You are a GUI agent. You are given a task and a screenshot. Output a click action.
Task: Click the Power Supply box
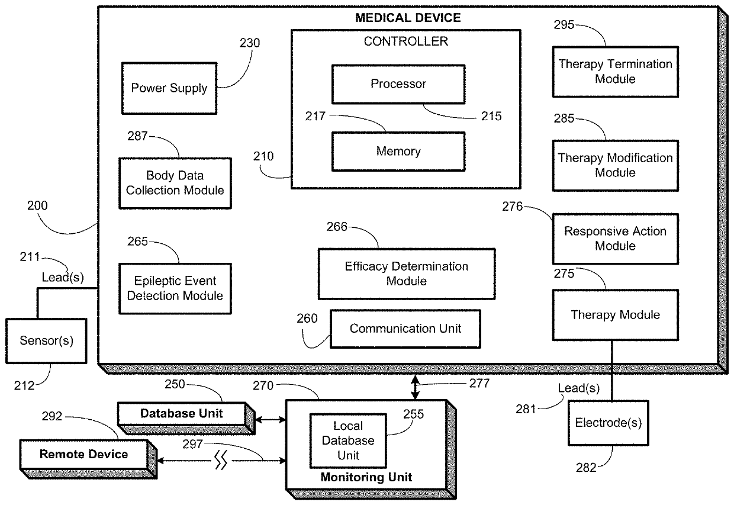[x=169, y=88]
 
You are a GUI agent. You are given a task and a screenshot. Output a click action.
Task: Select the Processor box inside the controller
[x=398, y=84]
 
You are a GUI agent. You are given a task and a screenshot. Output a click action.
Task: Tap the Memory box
[x=398, y=152]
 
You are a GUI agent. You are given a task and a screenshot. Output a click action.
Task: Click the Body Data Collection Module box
[x=175, y=183]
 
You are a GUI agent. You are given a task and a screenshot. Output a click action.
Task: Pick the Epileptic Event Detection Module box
[x=175, y=288]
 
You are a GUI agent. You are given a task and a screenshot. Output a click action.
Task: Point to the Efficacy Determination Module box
[x=406, y=274]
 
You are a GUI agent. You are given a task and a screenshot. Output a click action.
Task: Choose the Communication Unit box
[x=405, y=329]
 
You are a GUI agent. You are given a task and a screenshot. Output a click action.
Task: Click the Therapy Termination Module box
[x=615, y=72]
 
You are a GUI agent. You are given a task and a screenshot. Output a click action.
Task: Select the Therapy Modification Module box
[x=615, y=166]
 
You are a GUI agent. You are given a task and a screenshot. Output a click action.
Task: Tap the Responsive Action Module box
[x=615, y=239]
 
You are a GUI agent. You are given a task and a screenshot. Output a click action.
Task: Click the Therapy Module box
[x=615, y=315]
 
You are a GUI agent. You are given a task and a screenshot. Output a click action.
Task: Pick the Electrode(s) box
[x=608, y=423]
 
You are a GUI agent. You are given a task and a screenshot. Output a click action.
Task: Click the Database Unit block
[x=181, y=413]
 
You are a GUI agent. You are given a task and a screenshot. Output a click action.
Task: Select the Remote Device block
[x=83, y=455]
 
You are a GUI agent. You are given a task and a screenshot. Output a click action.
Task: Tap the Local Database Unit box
[x=347, y=440]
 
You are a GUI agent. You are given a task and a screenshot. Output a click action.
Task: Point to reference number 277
[x=479, y=384]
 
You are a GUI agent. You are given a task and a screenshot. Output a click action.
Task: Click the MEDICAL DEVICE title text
[x=407, y=18]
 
